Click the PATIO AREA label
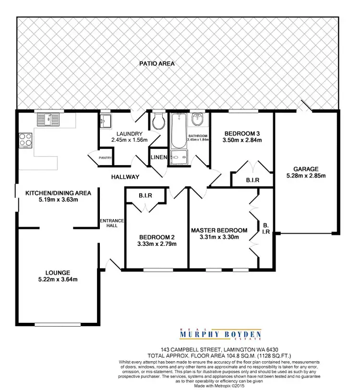pos(157,63)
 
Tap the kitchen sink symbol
pos(48,119)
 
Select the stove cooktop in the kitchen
pos(25,140)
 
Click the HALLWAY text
pos(126,177)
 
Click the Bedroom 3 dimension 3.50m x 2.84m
pos(242,141)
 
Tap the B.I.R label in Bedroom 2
pos(145,195)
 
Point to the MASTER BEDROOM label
pos(219,230)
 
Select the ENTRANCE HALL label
pos(111,224)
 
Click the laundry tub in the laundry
pos(106,121)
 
